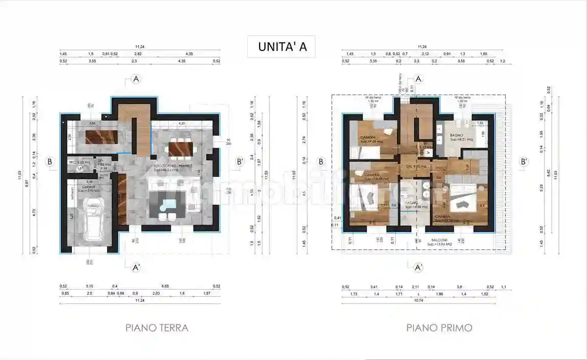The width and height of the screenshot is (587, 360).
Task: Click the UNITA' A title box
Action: point(282,46)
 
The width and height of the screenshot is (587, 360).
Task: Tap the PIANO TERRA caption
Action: point(157,328)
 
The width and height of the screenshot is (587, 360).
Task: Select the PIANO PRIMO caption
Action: point(439,328)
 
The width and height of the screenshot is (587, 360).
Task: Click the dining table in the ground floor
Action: point(182,148)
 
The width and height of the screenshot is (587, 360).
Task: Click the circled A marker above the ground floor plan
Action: point(136,79)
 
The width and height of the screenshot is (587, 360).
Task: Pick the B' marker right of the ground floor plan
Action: point(240,162)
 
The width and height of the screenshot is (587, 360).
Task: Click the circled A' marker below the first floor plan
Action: point(418,267)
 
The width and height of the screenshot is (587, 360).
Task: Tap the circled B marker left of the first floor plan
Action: point(321,162)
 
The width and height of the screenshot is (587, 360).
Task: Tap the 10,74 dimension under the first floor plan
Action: point(418,301)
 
